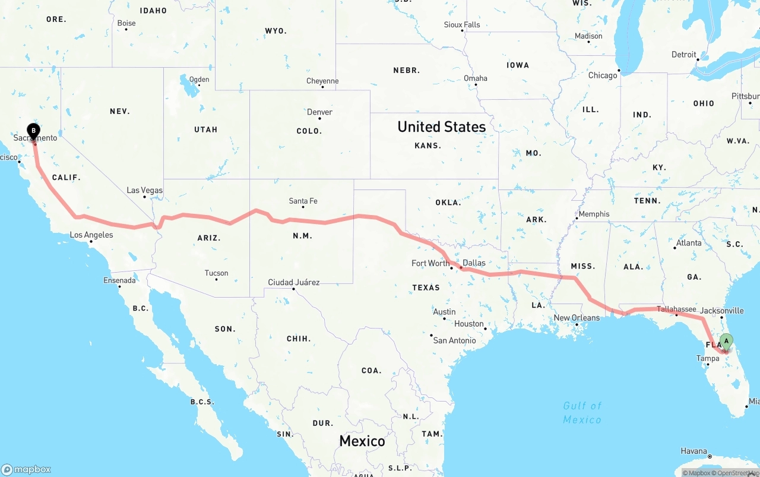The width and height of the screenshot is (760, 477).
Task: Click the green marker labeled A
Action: (x=726, y=342)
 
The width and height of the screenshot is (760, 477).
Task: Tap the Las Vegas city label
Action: (x=144, y=190)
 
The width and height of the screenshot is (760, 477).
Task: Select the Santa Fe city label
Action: (x=303, y=201)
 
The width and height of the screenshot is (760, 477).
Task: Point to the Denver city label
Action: (x=319, y=112)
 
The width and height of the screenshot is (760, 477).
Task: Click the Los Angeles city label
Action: (x=91, y=235)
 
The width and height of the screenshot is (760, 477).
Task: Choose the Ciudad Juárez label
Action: (x=293, y=282)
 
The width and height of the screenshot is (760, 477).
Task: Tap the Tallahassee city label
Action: (x=676, y=309)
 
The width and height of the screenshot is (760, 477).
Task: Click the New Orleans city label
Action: (x=577, y=318)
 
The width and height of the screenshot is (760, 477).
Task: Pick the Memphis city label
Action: (x=594, y=214)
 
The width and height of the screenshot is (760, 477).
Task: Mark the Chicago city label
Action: (x=602, y=75)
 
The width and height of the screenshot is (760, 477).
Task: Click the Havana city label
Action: (x=693, y=451)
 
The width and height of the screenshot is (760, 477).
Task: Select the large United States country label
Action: (x=441, y=127)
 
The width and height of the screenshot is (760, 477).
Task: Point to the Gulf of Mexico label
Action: (x=582, y=412)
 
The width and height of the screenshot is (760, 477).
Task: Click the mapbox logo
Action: (x=26, y=469)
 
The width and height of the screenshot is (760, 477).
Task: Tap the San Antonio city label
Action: (x=454, y=340)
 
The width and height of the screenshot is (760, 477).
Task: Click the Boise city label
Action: (x=126, y=23)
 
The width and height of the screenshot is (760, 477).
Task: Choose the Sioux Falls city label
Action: (x=461, y=24)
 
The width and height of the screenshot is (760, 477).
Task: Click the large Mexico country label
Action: (x=362, y=441)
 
